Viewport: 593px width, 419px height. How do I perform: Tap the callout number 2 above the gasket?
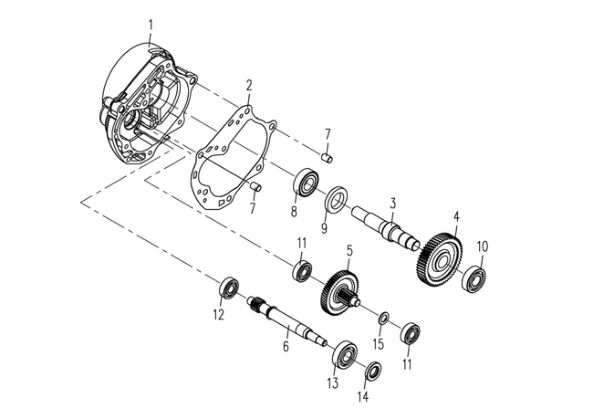(x=248, y=85)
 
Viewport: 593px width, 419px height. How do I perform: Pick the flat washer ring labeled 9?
(x=335, y=197)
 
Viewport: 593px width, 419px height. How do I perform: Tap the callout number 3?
(x=393, y=203)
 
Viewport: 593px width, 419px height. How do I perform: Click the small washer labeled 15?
(x=384, y=317)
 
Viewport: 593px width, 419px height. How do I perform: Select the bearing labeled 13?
(x=345, y=352)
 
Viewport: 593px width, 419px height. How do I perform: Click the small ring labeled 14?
(x=372, y=372)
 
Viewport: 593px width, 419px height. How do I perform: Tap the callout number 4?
(x=457, y=217)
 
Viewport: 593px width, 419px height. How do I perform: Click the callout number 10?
(x=483, y=245)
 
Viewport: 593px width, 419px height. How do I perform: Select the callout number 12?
(x=218, y=316)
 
